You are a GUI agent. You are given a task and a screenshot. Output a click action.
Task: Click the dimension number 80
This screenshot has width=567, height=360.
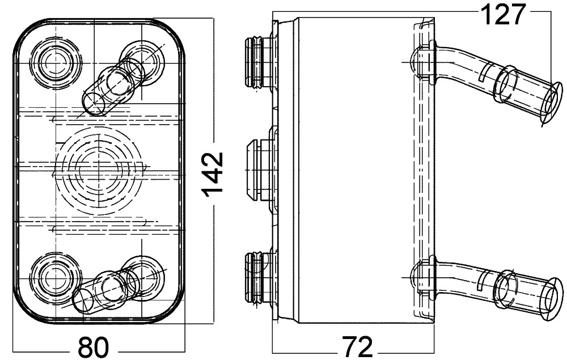(x=94, y=347)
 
